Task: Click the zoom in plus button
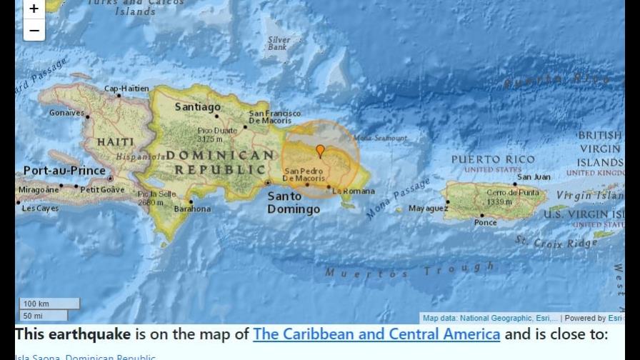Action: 34,9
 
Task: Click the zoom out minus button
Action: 34,30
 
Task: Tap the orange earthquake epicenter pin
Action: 320,151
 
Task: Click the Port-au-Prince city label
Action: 65,171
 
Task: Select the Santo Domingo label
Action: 294,203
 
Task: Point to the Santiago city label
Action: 198,107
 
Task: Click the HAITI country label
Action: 115,142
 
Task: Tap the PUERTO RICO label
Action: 493,159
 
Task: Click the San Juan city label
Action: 534,177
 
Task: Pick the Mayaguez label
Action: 428,209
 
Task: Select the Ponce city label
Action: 485,223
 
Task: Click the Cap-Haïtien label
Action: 126,89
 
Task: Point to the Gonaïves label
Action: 66,113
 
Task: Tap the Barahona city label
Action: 192,209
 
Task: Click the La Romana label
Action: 353,191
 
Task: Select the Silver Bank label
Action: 279,44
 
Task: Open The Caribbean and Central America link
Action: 376,334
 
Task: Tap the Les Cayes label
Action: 41,209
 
